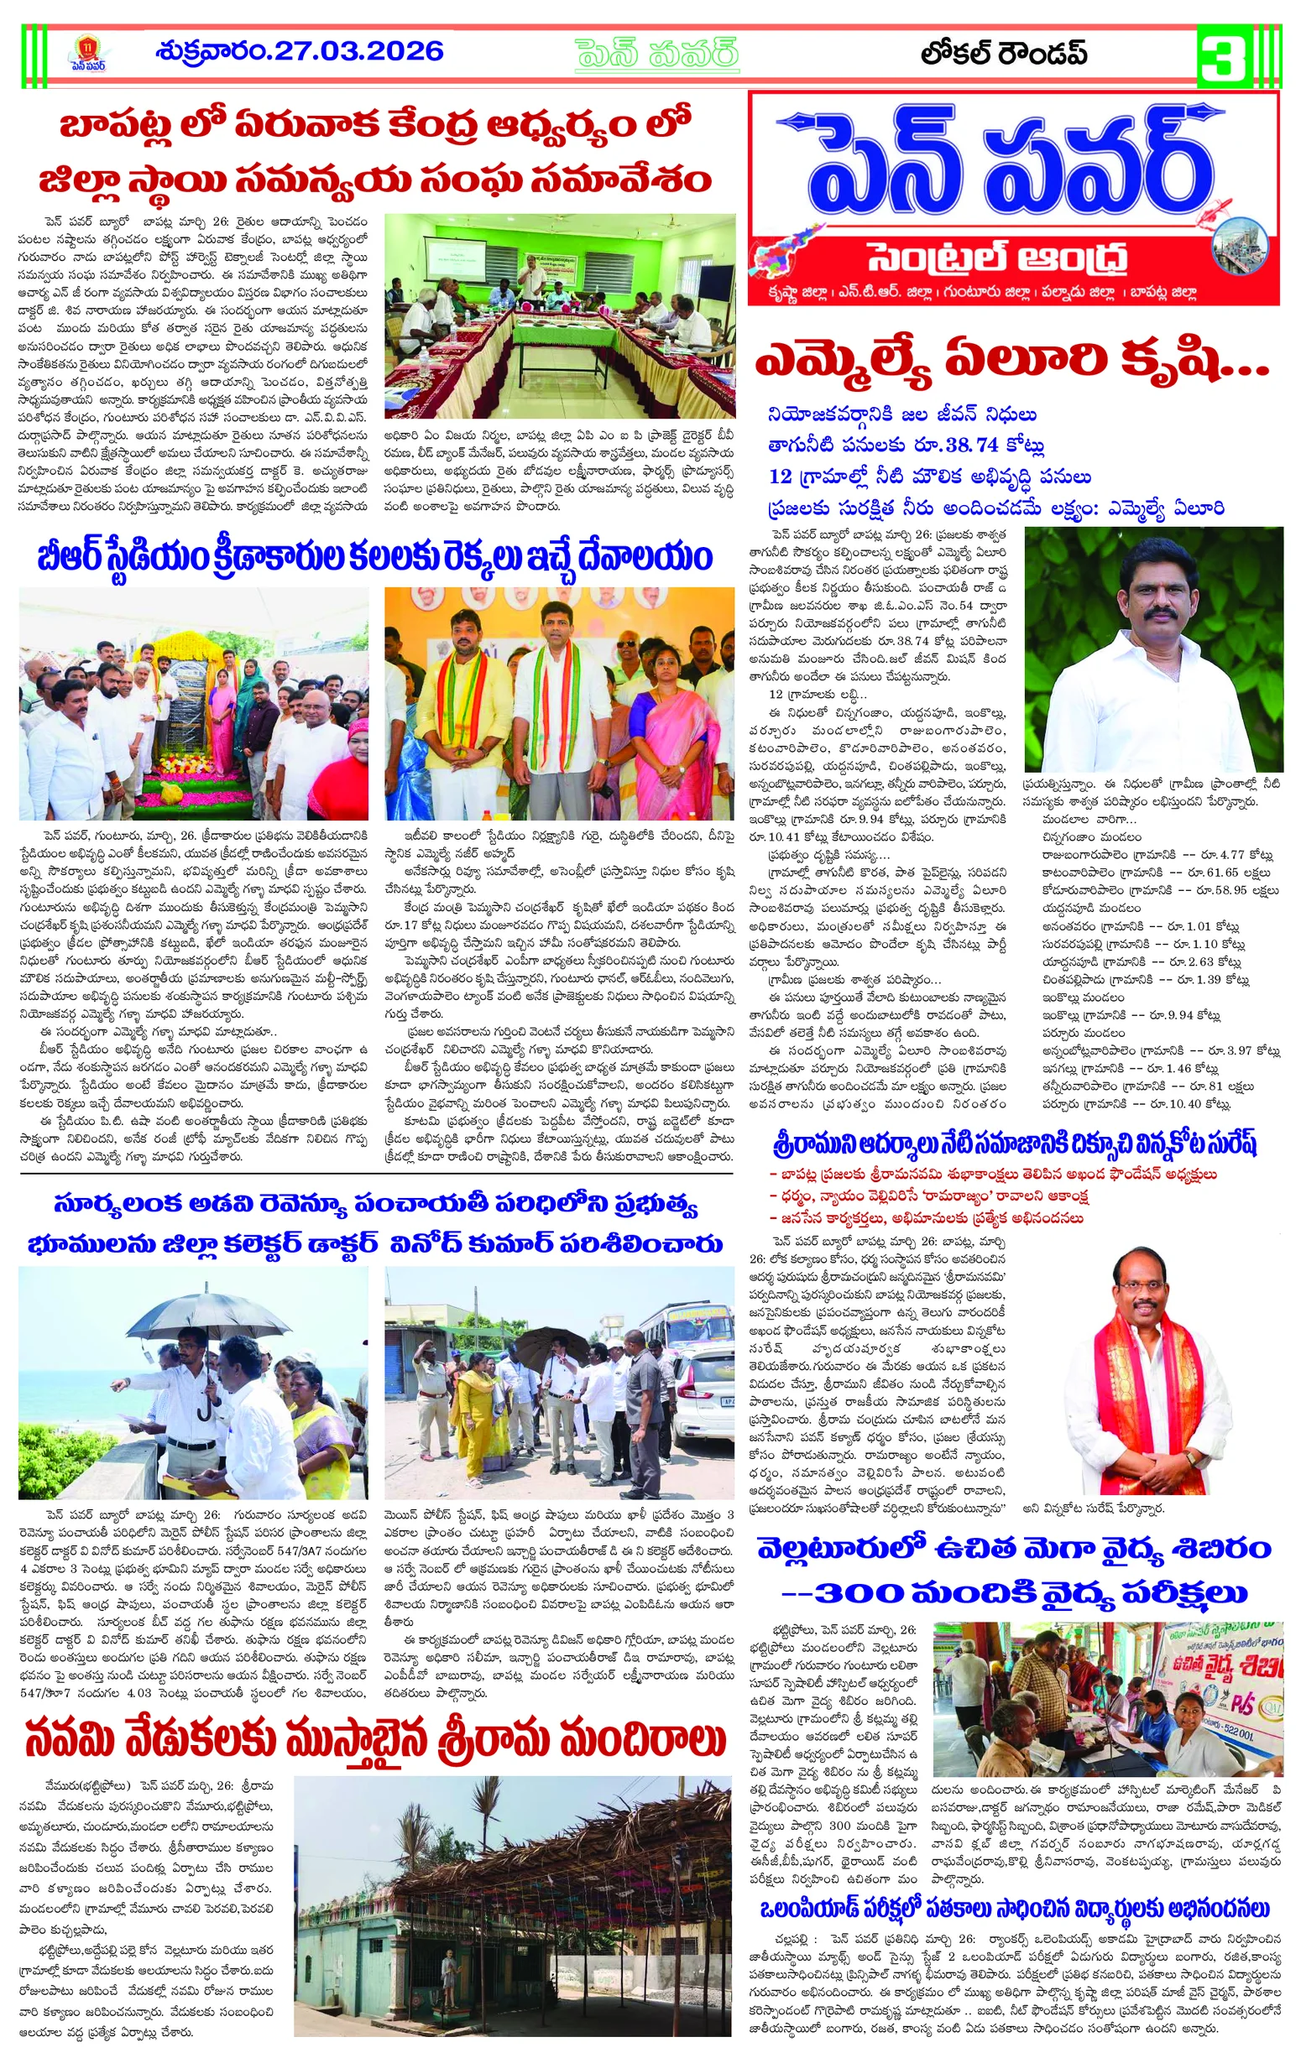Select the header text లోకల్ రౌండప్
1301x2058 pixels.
click(1004, 53)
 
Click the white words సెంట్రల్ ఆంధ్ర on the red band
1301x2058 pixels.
click(996, 258)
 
